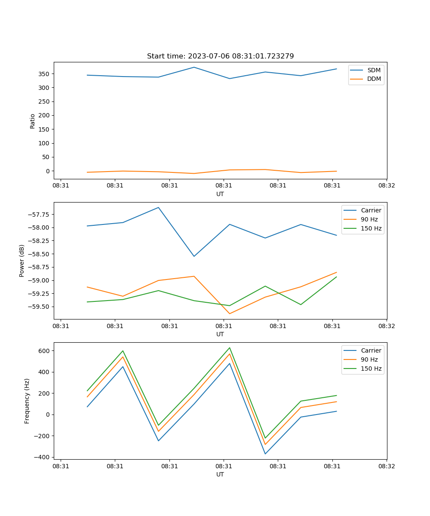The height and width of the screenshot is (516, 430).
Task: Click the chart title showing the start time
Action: (x=220, y=56)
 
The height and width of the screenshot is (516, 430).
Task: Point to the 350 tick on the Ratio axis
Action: (x=45, y=74)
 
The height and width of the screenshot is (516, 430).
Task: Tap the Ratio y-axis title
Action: (x=33, y=121)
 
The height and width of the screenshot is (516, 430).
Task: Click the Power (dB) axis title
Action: (x=22, y=261)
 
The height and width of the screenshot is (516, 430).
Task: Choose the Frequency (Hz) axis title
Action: (x=27, y=401)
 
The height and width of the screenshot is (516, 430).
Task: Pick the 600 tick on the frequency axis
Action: (x=45, y=351)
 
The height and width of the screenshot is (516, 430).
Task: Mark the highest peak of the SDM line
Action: (x=194, y=67)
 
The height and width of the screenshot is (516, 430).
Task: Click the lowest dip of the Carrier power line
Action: (x=194, y=256)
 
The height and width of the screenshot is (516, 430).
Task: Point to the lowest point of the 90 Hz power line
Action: (x=230, y=313)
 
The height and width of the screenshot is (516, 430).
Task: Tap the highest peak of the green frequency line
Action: (x=230, y=347)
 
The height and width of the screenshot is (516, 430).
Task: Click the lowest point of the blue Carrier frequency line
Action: (x=265, y=454)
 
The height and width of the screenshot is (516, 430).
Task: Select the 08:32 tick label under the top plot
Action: (x=387, y=186)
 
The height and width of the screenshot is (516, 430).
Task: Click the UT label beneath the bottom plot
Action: (x=220, y=475)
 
